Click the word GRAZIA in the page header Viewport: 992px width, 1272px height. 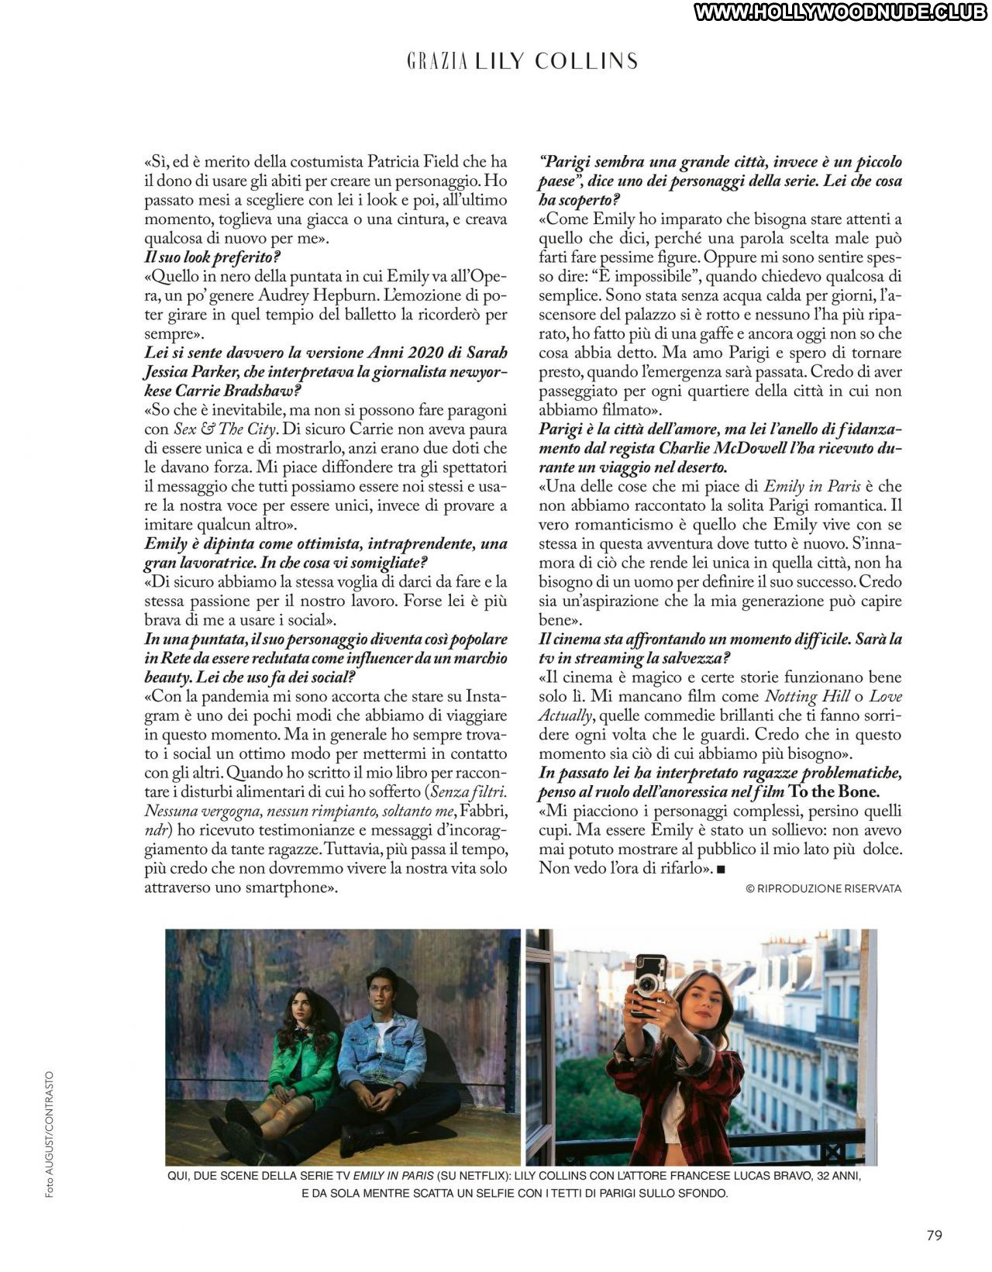coord(436,62)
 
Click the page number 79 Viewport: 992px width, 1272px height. coord(935,1236)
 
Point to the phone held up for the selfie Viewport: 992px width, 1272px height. coord(650,983)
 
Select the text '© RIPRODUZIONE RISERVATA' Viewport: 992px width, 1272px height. coord(823,889)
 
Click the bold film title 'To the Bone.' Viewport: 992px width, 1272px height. coord(834,792)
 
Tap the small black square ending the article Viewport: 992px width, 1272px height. coord(721,869)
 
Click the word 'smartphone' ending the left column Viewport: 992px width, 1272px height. coord(287,888)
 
